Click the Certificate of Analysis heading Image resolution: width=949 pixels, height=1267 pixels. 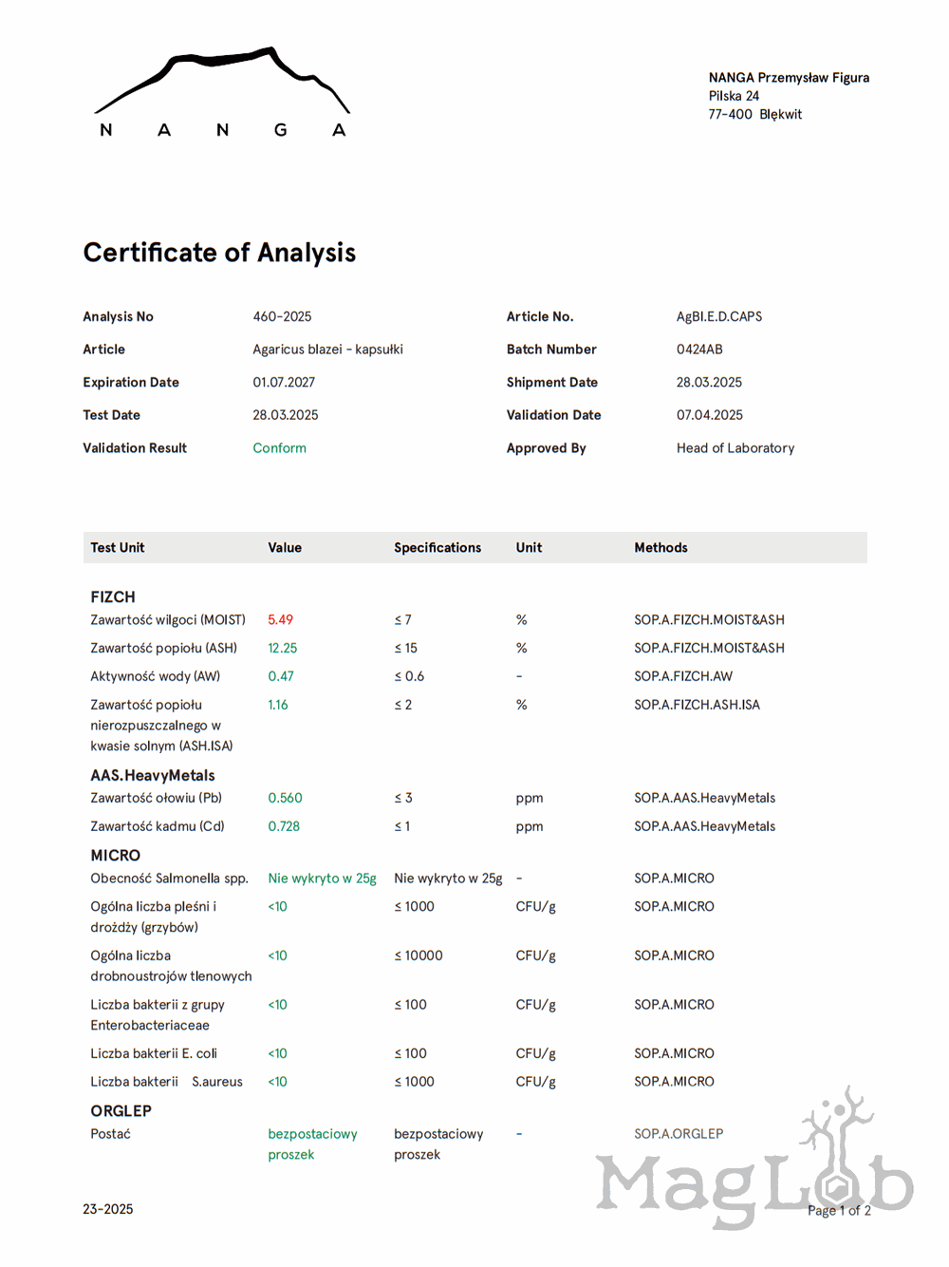[219, 253]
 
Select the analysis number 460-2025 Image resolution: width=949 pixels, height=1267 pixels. [282, 317]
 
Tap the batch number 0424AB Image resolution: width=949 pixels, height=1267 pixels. [699, 350]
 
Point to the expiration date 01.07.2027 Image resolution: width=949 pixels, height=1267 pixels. [284, 383]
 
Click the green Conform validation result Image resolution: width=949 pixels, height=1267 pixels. [279, 448]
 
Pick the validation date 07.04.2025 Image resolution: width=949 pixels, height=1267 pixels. [709, 415]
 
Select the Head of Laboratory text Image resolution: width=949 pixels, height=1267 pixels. [735, 448]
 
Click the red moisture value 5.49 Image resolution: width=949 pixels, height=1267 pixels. [280, 620]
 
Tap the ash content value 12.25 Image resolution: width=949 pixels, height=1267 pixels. [282, 649]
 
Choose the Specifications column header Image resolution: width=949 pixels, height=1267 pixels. [437, 548]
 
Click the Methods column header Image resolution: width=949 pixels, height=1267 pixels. [661, 548]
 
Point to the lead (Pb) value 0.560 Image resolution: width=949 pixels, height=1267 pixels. [285, 799]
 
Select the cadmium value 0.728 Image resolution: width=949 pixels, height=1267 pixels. [284, 827]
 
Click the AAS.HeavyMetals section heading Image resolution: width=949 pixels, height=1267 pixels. [153, 776]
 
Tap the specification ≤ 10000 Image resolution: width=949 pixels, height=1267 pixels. [419, 956]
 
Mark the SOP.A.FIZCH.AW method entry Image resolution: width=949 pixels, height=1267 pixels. [683, 677]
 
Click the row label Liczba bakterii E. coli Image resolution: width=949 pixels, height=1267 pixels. [154, 1054]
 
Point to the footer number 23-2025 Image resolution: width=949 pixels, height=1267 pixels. [107, 1210]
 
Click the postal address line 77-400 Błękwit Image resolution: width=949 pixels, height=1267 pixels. [754, 115]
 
